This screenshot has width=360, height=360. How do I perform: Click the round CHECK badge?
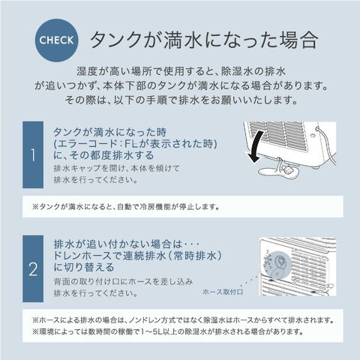tap(56, 40)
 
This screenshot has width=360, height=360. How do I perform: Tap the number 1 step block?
tap(33, 154)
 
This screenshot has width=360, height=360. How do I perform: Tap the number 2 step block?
tap(33, 268)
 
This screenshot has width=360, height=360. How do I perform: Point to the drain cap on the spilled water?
tap(287, 170)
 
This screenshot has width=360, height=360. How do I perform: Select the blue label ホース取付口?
tap(223, 292)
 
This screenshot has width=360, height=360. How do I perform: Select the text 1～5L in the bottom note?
tap(150, 331)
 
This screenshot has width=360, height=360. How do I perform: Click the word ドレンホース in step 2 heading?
tap(82, 256)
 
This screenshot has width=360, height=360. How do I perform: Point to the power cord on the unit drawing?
tap(328, 145)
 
